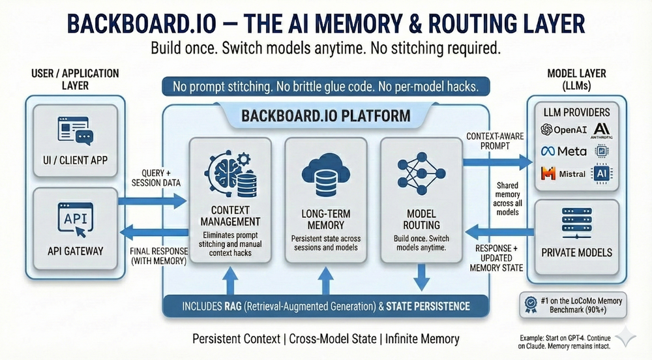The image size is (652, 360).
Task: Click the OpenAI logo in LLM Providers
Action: tap(547, 130)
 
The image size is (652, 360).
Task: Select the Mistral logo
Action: tap(547, 174)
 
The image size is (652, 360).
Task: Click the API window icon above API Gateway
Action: tap(76, 217)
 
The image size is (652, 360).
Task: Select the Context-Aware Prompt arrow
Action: tap(494, 160)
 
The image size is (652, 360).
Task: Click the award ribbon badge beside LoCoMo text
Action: tap(531, 304)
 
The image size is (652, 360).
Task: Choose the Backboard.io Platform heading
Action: tap(325, 117)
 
